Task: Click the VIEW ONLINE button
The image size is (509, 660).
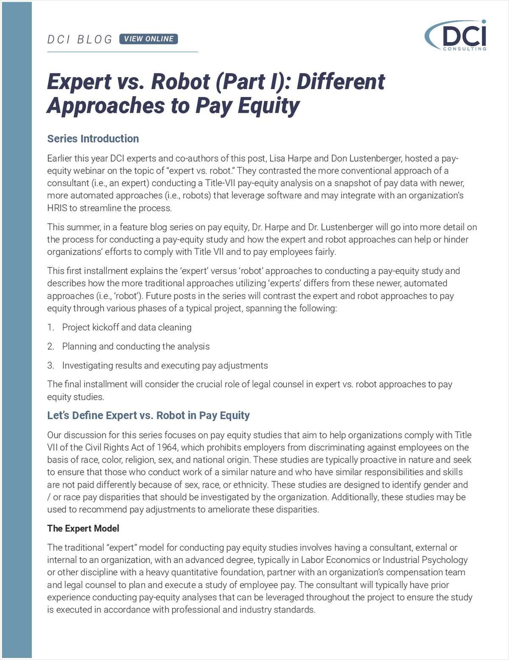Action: point(148,39)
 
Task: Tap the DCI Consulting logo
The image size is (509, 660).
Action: point(456,36)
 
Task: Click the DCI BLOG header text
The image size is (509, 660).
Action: point(80,39)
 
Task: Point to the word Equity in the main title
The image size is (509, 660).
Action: point(268,106)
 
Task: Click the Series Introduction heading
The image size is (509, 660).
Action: point(93,139)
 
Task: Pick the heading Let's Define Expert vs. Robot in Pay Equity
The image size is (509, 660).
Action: point(148,415)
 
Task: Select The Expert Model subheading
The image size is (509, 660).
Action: point(83,528)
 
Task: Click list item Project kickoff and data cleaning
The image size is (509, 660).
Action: point(126,327)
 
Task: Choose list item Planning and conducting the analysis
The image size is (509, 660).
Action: point(136,346)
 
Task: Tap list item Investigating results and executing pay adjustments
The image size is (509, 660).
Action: point(165,365)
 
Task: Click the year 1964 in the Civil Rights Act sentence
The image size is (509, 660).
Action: point(167,447)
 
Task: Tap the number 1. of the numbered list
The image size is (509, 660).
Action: point(51,327)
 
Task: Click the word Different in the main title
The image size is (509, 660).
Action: point(341,81)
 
